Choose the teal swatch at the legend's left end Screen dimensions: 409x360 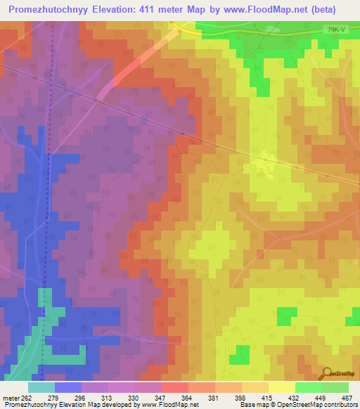[x=41, y=387]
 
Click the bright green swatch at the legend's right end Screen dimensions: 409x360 [x=335, y=387]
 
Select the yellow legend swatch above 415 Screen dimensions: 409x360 [x=282, y=387]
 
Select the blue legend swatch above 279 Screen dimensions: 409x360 [x=68, y=387]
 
